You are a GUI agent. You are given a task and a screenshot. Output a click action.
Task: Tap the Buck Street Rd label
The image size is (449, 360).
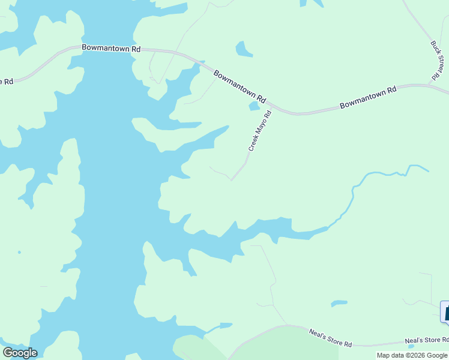[x=439, y=61]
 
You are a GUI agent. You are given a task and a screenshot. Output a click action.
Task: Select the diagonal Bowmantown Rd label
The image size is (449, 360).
[x=240, y=86]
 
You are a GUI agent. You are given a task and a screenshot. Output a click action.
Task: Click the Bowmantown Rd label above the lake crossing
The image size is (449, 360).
[x=112, y=47]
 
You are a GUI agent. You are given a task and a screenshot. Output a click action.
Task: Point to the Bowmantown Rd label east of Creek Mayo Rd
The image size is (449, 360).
[x=368, y=97]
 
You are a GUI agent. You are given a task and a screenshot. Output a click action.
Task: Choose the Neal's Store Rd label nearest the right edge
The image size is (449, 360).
[x=426, y=341]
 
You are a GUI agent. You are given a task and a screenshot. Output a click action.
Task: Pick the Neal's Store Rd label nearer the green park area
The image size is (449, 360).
[x=330, y=338]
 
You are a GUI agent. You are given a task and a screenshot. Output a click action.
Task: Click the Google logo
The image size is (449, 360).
[x=20, y=353]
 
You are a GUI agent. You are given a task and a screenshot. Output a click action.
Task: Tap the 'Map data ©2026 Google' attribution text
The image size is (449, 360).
[x=412, y=355]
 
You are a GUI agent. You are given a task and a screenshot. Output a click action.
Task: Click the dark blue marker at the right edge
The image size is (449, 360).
[x=445, y=311]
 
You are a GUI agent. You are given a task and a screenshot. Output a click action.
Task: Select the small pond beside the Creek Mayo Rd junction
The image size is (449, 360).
[x=254, y=106]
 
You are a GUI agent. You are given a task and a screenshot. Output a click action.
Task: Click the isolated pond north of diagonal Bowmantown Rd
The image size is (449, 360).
[x=244, y=49]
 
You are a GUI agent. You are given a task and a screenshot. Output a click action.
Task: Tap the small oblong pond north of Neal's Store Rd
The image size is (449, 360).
[x=339, y=303]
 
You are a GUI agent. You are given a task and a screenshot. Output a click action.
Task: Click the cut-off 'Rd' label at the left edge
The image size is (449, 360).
[x=7, y=81]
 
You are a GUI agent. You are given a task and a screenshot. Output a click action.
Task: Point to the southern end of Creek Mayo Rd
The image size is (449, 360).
[x=232, y=179]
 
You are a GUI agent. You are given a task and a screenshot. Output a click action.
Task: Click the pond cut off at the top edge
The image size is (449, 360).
[x=312, y=3]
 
